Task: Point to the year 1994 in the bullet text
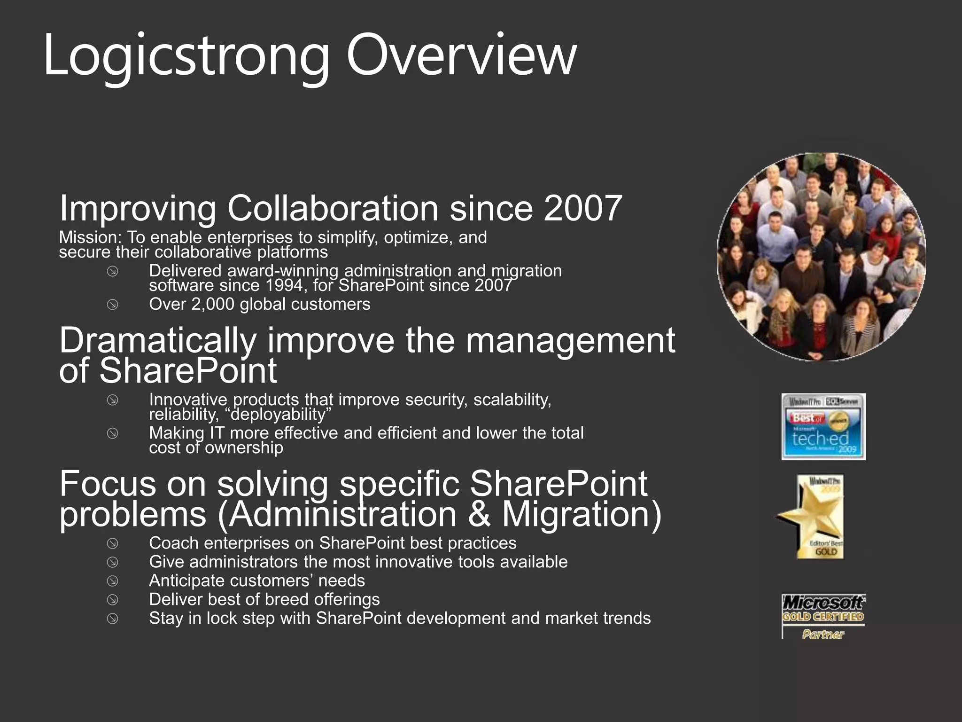(x=285, y=285)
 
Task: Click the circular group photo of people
(x=821, y=257)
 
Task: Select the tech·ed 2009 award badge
(x=823, y=427)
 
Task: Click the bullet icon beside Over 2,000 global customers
(x=112, y=305)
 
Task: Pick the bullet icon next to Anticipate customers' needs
(x=112, y=581)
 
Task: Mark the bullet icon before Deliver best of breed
(x=112, y=600)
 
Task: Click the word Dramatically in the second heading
(x=158, y=340)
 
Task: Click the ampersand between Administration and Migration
(x=479, y=514)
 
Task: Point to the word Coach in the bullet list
(x=174, y=543)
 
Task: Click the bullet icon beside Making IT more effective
(x=112, y=433)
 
